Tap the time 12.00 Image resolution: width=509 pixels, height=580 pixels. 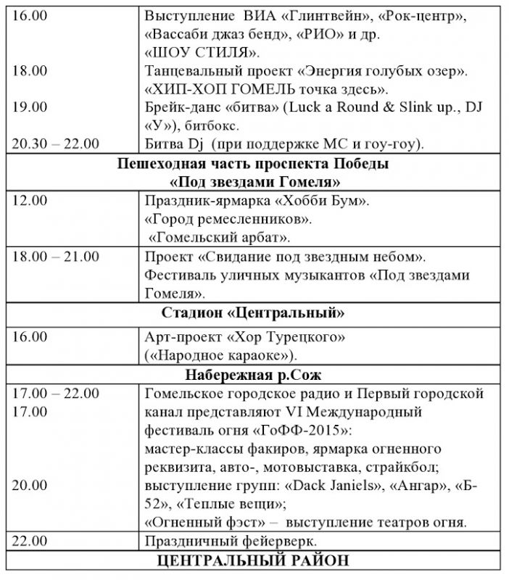[x=29, y=201]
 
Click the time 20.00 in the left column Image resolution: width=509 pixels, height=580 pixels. [x=29, y=484]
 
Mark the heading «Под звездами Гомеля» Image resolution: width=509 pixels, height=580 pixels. [x=255, y=181]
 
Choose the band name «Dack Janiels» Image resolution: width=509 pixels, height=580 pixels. [x=336, y=485]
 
